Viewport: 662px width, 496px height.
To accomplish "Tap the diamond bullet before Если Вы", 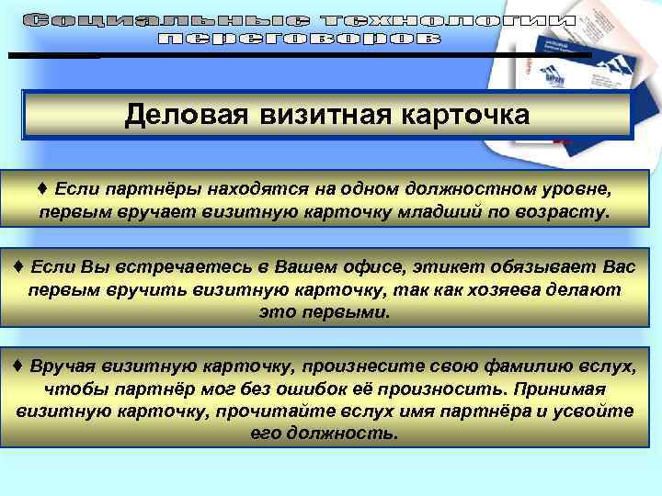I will point(19,267).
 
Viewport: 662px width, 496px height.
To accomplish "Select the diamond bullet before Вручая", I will point(19,366).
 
